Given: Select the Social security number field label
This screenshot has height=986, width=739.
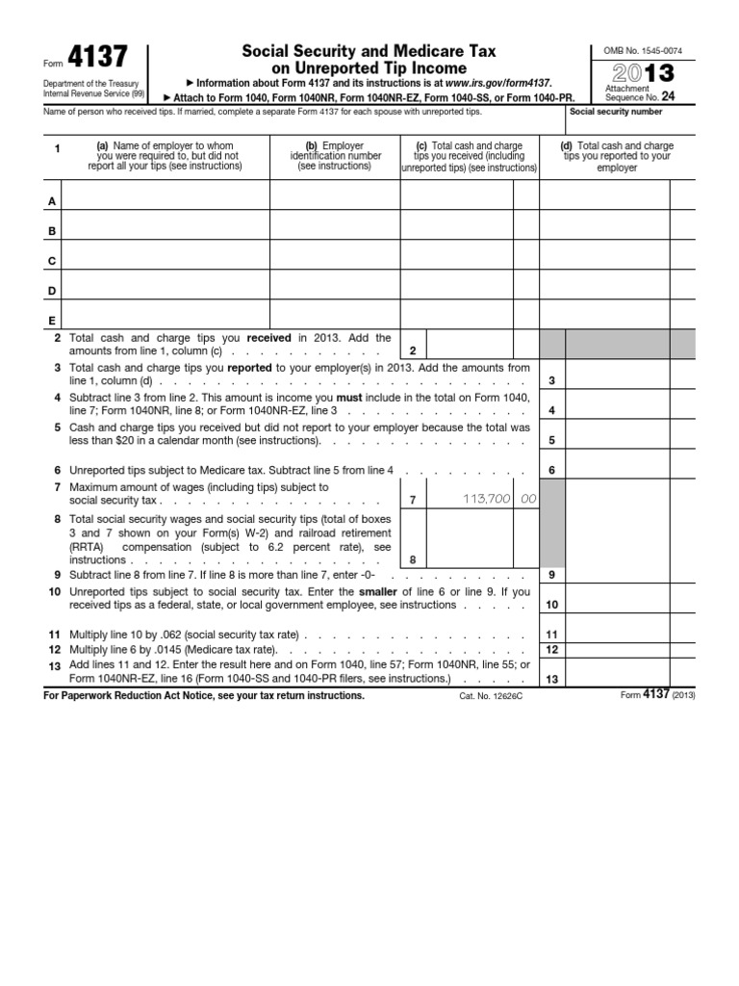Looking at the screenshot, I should coord(616,112).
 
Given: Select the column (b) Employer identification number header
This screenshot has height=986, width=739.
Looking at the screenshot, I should coord(334,156).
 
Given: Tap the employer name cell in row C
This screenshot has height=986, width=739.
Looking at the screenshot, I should coord(166,261).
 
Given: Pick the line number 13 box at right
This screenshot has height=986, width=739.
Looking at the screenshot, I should coord(551,679).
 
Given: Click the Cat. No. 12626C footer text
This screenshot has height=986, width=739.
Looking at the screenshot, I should coord(492,695).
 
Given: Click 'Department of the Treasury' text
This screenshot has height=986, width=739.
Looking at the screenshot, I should coord(81,83).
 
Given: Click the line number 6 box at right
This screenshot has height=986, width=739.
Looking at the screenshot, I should coord(551,470).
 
